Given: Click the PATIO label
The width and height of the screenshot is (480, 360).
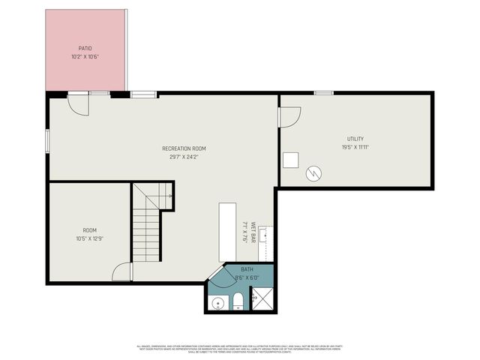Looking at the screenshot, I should [85, 48].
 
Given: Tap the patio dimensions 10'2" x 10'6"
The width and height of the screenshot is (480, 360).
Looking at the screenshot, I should [85, 56].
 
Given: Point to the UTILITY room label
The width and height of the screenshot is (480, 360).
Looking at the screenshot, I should [355, 139].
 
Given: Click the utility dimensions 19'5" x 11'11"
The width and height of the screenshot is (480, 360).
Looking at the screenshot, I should [355, 148].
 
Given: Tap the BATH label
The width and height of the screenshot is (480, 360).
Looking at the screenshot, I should [247, 269].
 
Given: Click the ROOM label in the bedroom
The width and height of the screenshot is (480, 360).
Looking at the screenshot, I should [90, 230].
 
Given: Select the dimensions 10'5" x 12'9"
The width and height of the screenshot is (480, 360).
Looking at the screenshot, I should [90, 238].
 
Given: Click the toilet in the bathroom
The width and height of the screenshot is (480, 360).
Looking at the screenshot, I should [238, 301].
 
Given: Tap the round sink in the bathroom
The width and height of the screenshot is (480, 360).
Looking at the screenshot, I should [217, 304].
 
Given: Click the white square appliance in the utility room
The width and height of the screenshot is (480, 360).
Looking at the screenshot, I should [291, 160].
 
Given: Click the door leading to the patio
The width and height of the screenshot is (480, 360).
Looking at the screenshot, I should [78, 103].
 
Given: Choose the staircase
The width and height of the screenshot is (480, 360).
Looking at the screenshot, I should [148, 223].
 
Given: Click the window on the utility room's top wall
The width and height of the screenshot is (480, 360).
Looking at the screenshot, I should [324, 93].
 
